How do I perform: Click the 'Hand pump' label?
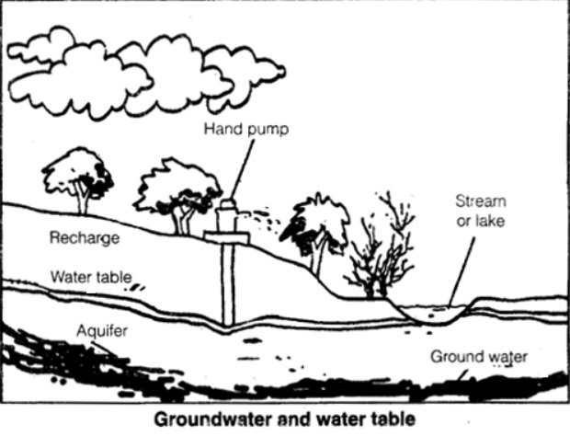click(245, 130)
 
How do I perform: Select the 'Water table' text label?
click(91, 276)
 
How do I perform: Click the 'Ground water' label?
click(480, 356)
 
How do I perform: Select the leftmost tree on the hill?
click(78, 178)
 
